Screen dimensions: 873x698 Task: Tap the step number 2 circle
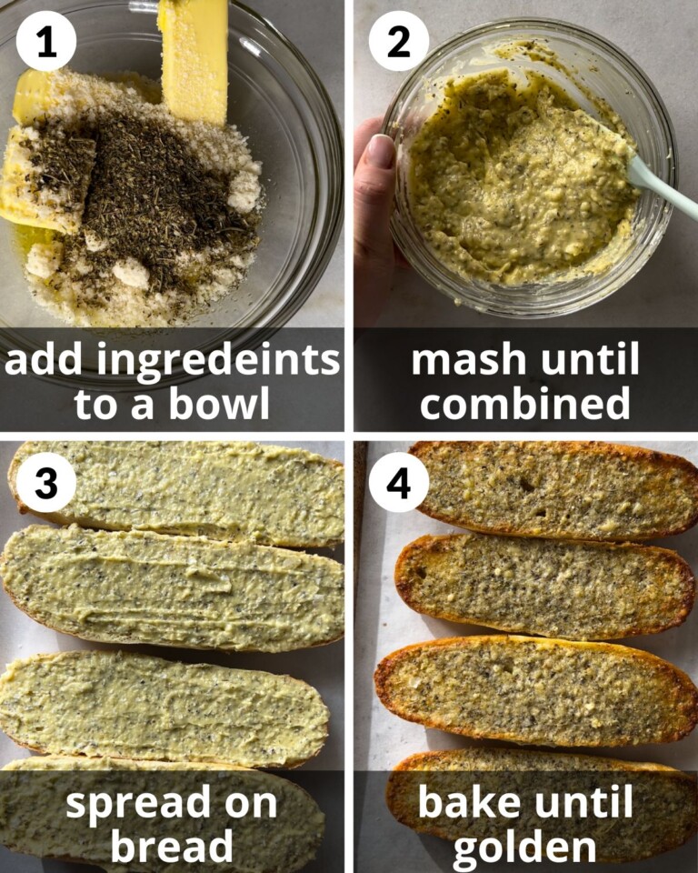(399, 41)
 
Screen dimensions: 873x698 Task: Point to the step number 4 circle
(399, 483)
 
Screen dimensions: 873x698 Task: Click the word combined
(524, 404)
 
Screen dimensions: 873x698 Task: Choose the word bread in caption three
(172, 846)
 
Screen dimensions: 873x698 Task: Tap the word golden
(524, 846)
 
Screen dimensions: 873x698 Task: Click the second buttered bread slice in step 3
(173, 587)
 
